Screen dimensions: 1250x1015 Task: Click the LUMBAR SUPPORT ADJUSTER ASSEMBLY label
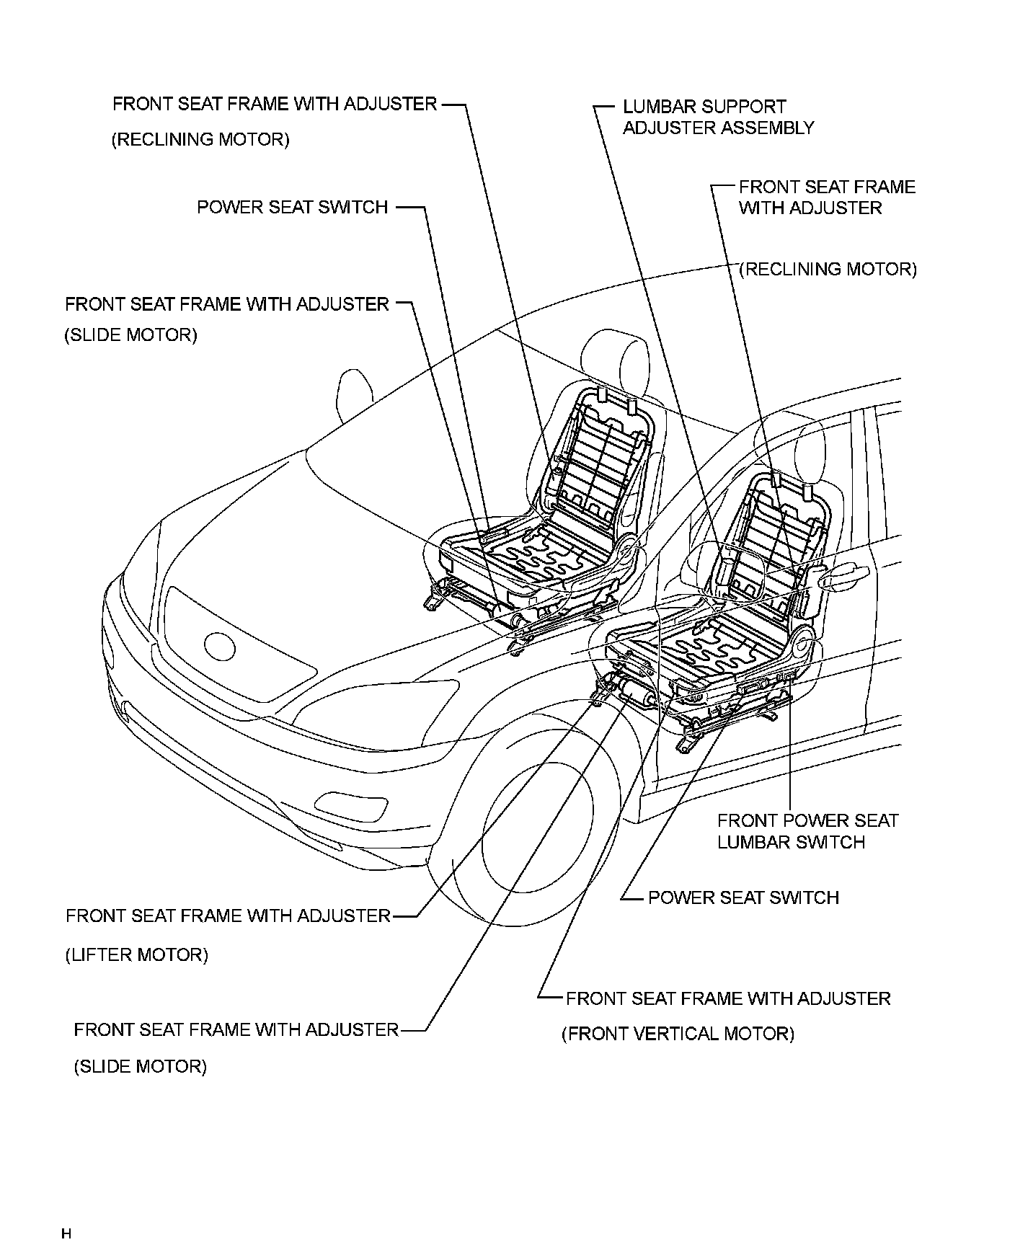click(x=718, y=118)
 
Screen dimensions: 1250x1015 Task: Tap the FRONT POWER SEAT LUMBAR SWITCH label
click(x=807, y=831)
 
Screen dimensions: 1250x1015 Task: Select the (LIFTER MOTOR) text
click(x=137, y=955)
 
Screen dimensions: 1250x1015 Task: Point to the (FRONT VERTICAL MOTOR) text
click(x=678, y=1034)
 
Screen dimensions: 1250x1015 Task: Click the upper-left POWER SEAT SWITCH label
click(x=293, y=208)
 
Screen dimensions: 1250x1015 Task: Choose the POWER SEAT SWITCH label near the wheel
click(x=743, y=897)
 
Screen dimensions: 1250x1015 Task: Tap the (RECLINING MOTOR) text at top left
click(x=200, y=139)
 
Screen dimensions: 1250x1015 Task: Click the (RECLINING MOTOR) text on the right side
click(x=829, y=270)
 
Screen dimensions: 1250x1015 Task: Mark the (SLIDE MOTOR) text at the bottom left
click(x=141, y=1066)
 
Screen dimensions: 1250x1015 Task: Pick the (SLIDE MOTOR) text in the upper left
click(x=130, y=335)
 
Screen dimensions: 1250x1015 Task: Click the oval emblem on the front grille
click(x=220, y=646)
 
